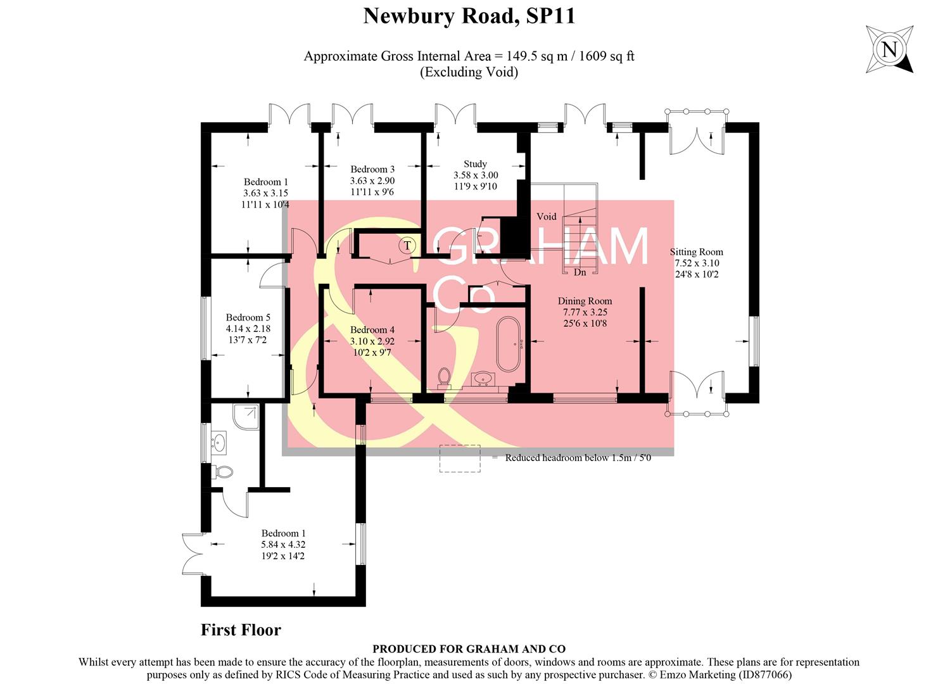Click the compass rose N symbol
890,49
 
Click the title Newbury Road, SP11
469,16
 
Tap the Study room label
475,164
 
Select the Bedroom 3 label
372,169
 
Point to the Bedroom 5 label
248,317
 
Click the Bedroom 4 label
372,330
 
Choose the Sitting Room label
696,252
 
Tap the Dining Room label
585,301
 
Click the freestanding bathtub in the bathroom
508,344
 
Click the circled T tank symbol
407,245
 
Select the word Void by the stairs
546,217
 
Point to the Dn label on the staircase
580,272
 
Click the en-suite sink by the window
219,441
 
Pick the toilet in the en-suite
224,472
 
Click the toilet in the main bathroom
444,377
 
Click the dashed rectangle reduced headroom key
460,458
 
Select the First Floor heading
241,630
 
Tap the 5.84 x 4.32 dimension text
283,545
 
